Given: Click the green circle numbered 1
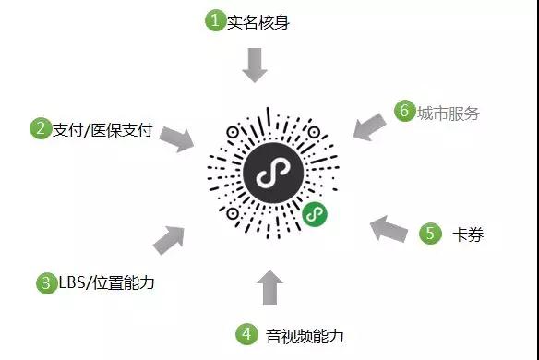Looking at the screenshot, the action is [x=215, y=20].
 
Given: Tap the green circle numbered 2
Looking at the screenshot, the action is [x=40, y=128].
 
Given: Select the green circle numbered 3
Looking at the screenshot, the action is [x=46, y=282].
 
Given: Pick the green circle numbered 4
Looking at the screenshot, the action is [x=246, y=333].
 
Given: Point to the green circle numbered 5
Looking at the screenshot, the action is [x=431, y=234].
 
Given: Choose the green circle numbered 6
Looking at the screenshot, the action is [x=403, y=111].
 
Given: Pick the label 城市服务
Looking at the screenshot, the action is [x=448, y=113].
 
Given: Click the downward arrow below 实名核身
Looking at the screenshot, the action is [x=255, y=65].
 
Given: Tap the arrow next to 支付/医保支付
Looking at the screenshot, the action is [x=176, y=138].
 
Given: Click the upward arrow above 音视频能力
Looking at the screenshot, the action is [x=269, y=286].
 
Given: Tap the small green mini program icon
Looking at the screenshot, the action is [x=314, y=215].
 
